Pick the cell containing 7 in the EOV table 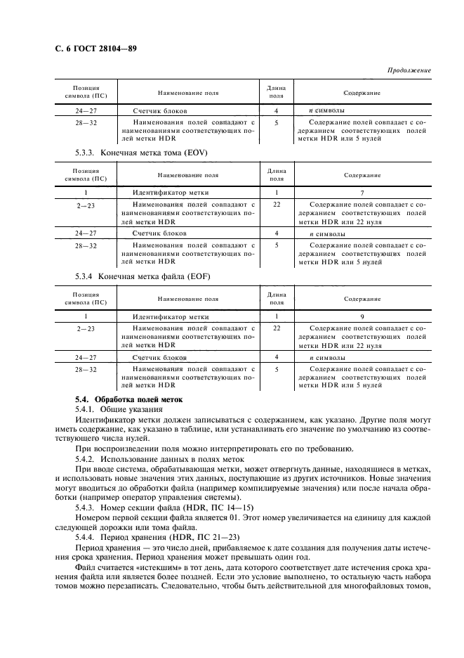(362, 192)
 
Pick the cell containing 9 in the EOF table (362, 317)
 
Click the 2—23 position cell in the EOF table (86, 328)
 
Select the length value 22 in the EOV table (277, 203)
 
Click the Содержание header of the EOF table (362, 299)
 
